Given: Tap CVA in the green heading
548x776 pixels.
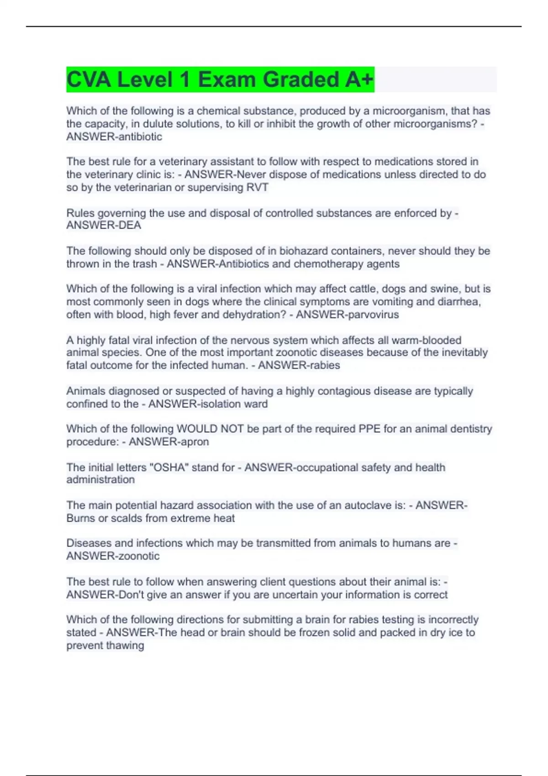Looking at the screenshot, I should (x=89, y=79).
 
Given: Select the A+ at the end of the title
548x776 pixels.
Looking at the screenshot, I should (x=359, y=79).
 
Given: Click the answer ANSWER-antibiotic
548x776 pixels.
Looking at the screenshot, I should (x=114, y=136).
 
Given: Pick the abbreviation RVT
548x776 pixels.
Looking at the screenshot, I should (x=257, y=187).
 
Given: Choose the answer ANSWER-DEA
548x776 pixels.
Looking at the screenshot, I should (x=104, y=225).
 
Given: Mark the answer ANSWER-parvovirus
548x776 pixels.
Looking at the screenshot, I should (x=347, y=314).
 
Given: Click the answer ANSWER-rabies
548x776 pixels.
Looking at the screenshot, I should (x=299, y=365).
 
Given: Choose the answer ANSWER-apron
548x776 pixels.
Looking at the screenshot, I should (x=169, y=441).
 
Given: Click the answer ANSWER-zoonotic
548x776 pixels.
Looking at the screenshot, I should (x=113, y=556).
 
